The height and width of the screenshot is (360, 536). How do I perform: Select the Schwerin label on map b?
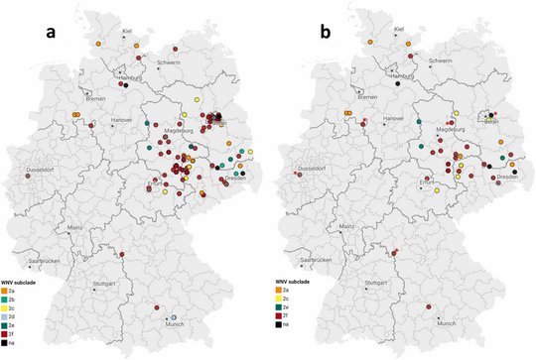coord(441,60)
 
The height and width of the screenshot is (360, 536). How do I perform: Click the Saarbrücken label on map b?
coord(322,260)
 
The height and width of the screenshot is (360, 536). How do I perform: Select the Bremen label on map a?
coord(95,99)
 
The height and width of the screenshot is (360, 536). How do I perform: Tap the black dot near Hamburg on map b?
coord(396,85)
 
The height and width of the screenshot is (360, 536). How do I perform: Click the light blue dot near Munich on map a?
coord(160,315)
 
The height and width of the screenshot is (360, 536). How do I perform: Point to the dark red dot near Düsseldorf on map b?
coord(296,174)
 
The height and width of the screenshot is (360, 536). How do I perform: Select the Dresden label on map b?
coord(506,177)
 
